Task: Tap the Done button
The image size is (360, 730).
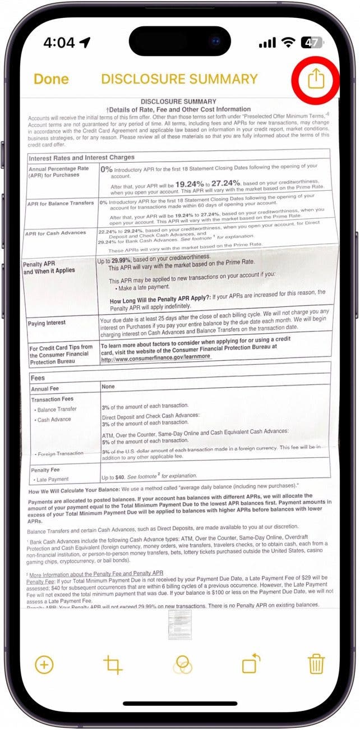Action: pos(51,79)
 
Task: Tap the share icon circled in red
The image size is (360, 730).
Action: pos(316,79)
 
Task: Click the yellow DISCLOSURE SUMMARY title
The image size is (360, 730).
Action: pos(179,79)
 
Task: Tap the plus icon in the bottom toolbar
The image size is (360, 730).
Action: pos(44,665)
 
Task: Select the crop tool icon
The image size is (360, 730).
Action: pos(113,665)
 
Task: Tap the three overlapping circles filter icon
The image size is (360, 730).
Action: pos(182,665)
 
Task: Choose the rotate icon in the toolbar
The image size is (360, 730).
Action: pos(251,664)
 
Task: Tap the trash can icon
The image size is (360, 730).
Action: pos(316,665)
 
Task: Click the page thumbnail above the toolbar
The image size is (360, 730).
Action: pos(180,625)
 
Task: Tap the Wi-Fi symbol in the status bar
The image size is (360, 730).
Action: pos(289,43)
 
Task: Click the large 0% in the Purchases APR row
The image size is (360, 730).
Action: pos(107,168)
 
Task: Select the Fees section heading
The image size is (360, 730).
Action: pos(38,378)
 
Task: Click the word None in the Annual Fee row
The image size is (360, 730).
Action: pos(108,387)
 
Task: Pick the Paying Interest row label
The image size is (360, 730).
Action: pos(47,323)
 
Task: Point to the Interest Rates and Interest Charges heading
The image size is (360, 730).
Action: pos(81,158)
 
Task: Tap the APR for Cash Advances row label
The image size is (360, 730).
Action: pos(56,233)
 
